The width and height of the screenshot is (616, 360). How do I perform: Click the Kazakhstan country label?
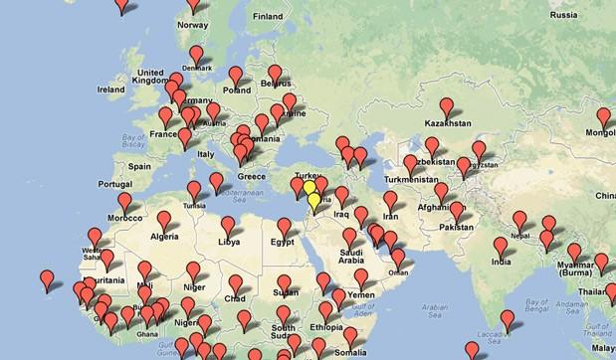tap(448, 124)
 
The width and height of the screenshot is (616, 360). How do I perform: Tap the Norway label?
tap(191, 25)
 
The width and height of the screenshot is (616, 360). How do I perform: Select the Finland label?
tap(268, 17)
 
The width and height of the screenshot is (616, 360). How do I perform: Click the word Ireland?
tap(110, 89)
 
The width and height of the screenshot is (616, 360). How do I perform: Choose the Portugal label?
tap(115, 184)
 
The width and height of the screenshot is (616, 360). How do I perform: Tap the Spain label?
tap(138, 166)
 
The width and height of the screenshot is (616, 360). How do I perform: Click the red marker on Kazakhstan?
tap(447, 105)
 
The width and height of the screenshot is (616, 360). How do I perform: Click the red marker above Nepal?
tap(519, 220)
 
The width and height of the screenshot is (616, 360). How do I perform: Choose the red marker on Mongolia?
tap(603, 116)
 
